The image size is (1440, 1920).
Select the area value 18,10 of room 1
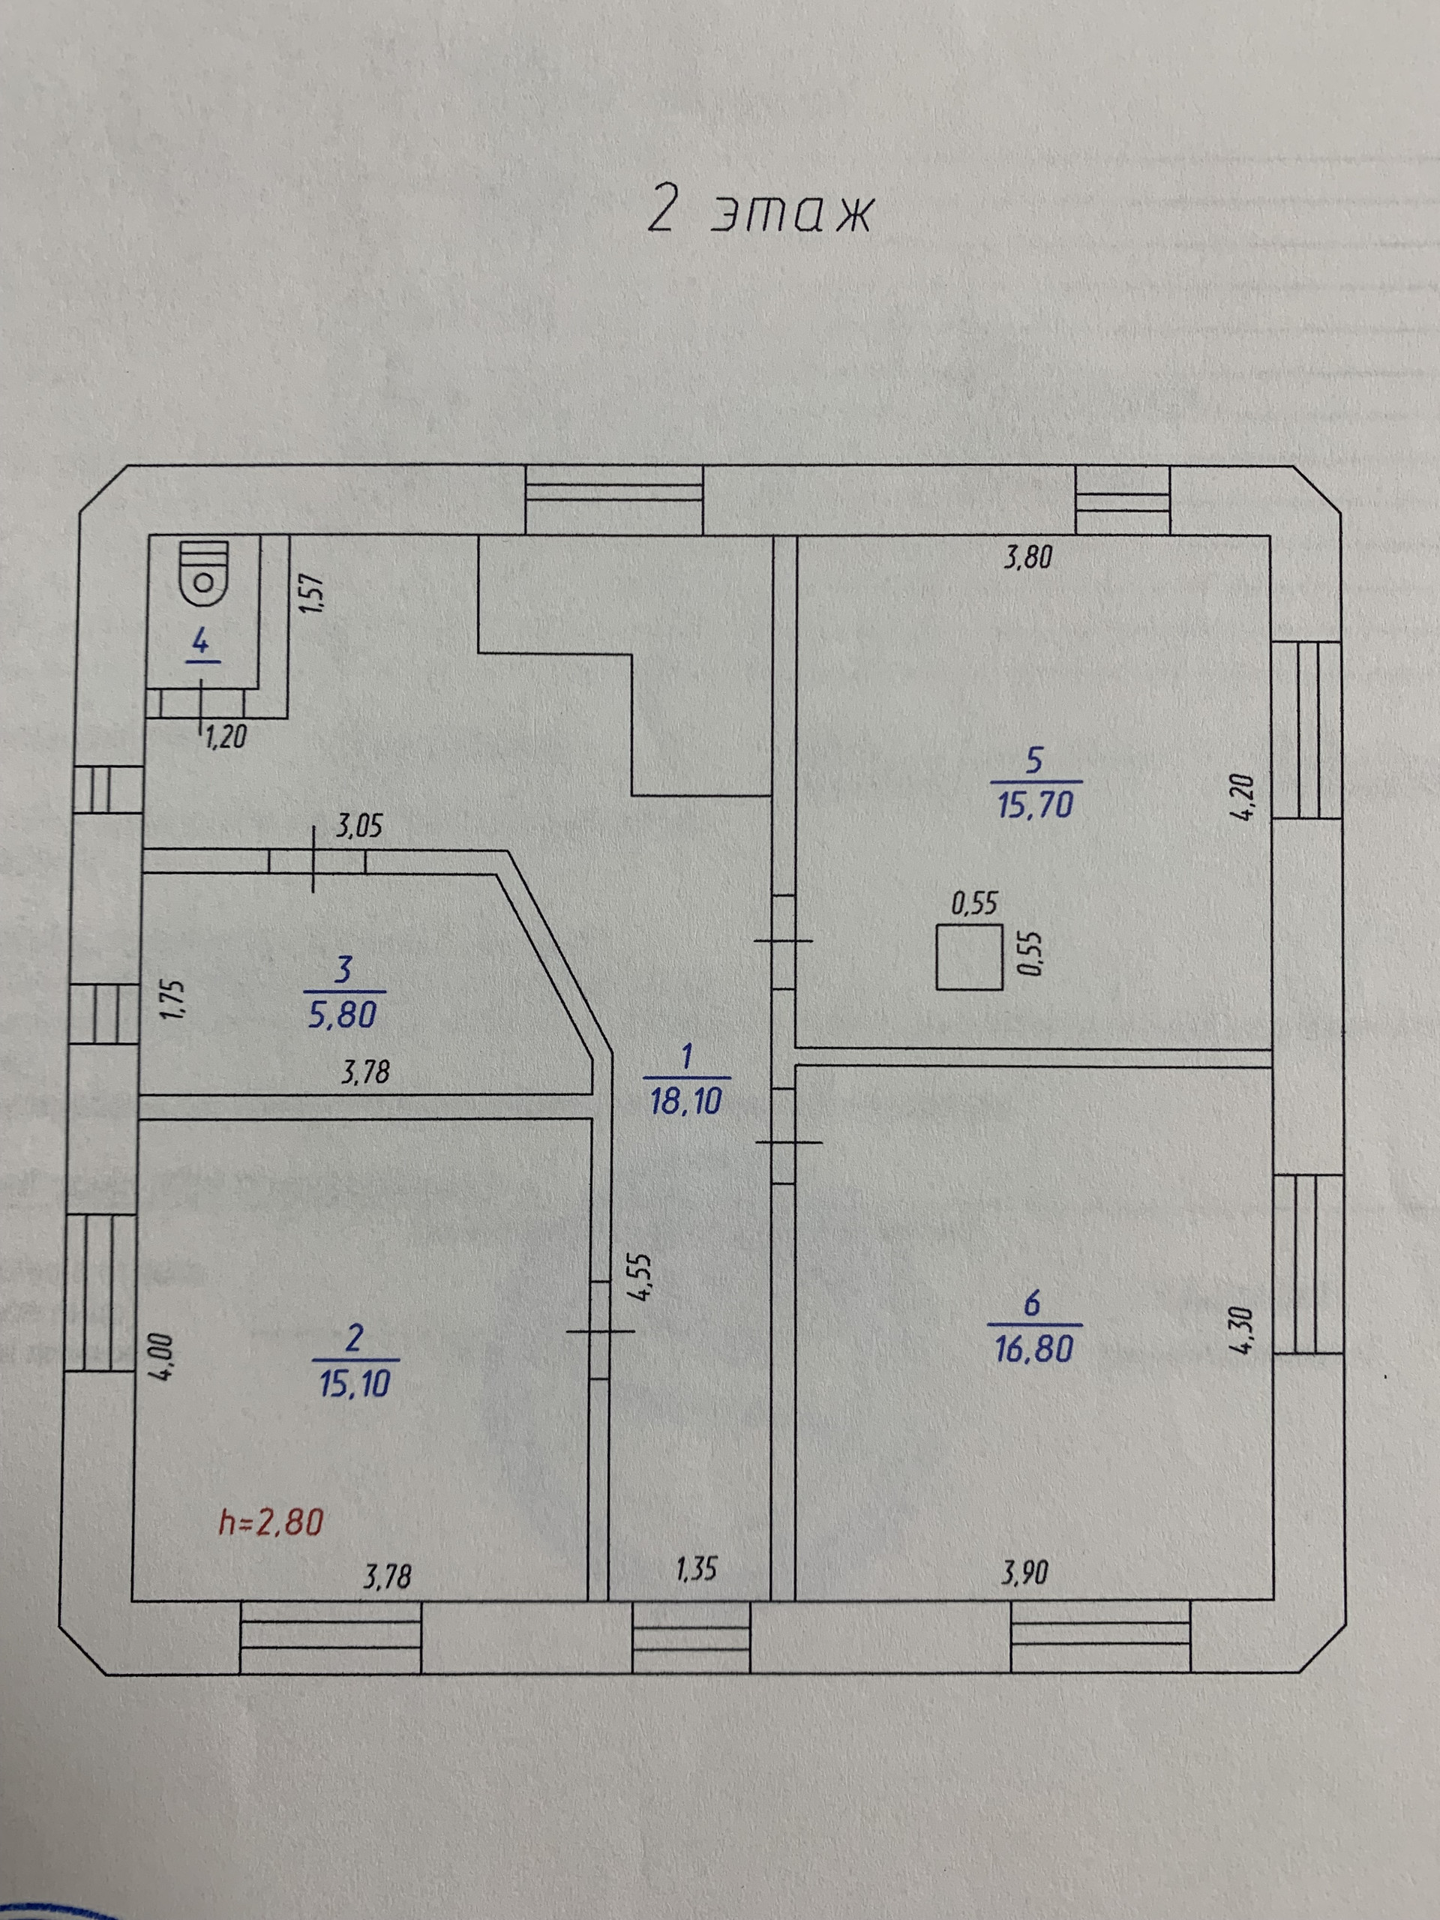click(685, 1102)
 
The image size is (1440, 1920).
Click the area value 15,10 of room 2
click(354, 1384)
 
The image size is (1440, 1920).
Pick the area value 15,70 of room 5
click(1035, 805)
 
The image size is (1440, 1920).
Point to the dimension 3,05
click(358, 826)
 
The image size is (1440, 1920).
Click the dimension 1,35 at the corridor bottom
click(696, 1568)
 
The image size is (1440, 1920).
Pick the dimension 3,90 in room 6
click(1024, 1572)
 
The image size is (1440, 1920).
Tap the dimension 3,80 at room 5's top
click(1027, 557)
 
